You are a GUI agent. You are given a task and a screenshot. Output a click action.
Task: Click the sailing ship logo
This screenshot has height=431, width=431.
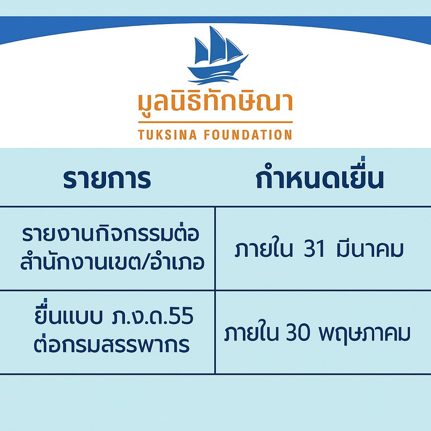218,55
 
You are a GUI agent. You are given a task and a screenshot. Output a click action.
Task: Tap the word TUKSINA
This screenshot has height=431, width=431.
168,135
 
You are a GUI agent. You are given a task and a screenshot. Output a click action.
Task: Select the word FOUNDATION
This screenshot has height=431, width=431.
248,135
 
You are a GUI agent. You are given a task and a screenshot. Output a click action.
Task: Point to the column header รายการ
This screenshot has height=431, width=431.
107,179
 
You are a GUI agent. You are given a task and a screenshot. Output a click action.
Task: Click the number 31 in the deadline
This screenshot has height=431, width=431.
314,250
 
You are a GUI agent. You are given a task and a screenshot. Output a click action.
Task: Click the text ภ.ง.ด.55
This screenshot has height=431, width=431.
153,316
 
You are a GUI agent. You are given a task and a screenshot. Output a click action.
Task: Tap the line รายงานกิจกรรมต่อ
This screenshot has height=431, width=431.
111,234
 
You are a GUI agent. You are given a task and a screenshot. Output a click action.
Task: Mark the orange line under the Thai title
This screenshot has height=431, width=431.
215,122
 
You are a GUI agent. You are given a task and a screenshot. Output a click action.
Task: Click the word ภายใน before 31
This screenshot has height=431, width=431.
264,249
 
